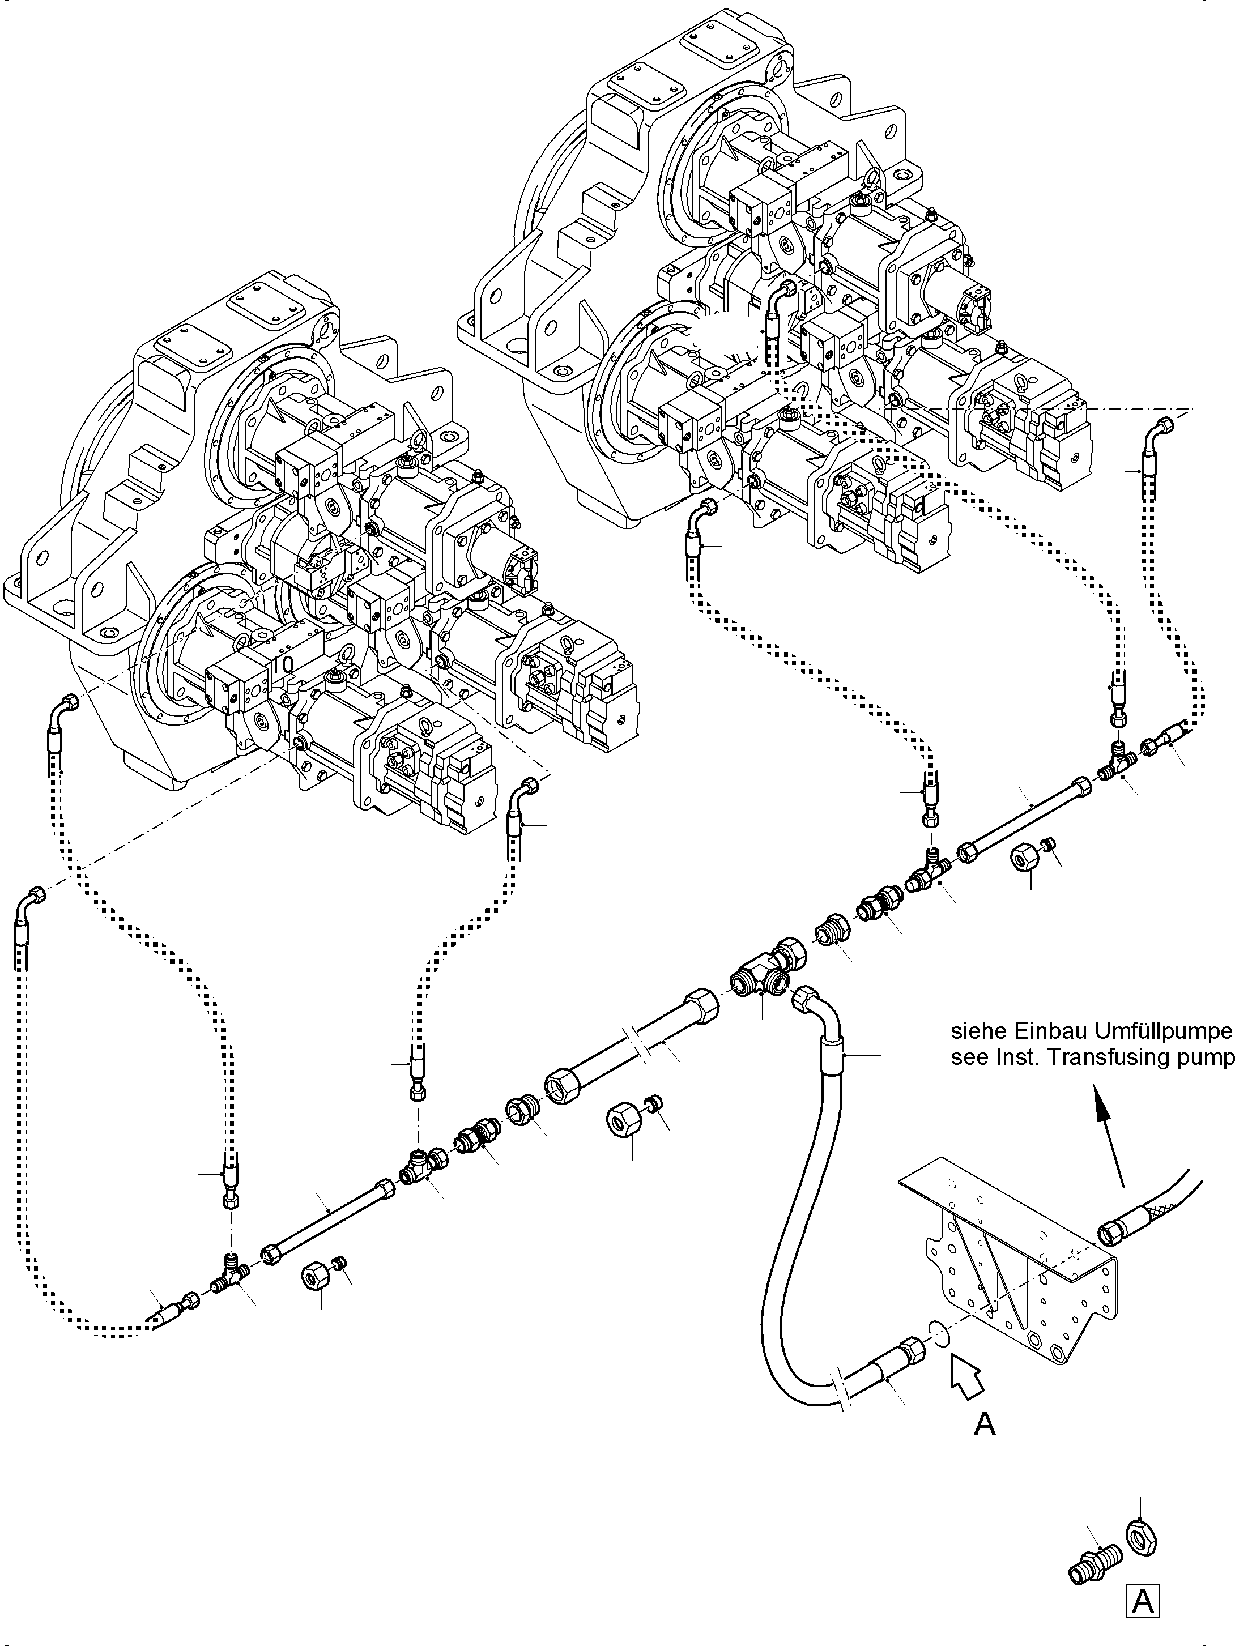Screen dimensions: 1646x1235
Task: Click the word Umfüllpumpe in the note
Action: [1164, 1032]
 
